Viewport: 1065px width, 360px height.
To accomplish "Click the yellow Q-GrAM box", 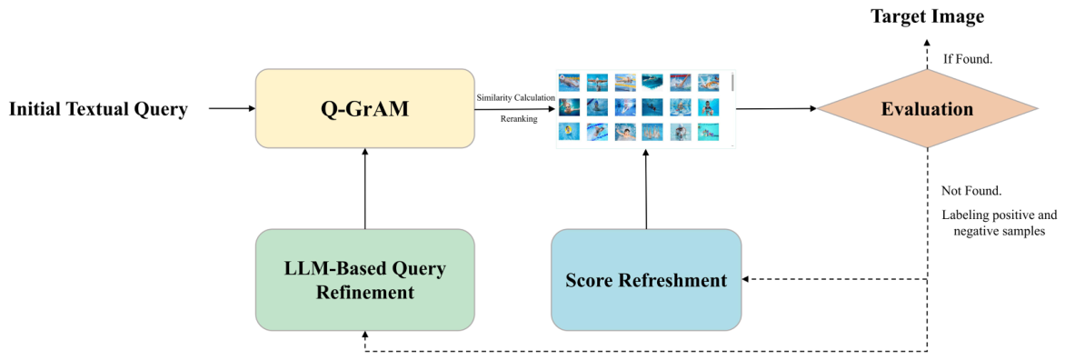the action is tap(364, 108).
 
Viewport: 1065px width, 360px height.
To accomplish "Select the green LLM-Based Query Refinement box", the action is tap(364, 280).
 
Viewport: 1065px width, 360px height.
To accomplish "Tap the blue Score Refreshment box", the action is tap(646, 280).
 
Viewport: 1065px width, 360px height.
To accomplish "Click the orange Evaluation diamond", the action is tap(928, 109).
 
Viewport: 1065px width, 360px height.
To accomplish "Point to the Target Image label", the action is tap(928, 17).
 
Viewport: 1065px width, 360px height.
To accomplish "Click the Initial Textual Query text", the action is tap(98, 109).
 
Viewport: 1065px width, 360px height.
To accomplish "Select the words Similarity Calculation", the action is tap(516, 98).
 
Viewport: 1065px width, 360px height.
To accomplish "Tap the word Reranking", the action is tap(516, 118).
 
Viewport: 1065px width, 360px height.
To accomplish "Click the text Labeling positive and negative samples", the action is tap(992, 224).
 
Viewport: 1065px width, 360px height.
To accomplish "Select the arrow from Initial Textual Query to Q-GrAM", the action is tap(231, 108).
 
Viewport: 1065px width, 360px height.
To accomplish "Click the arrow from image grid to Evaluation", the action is tap(776, 109).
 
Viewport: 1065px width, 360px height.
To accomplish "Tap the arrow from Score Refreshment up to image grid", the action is tap(646, 189).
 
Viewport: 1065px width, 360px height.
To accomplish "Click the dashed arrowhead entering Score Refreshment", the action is tap(746, 279).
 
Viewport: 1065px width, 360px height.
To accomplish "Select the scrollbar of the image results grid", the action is tap(732, 83).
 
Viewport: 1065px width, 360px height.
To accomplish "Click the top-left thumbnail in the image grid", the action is tap(569, 82).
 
